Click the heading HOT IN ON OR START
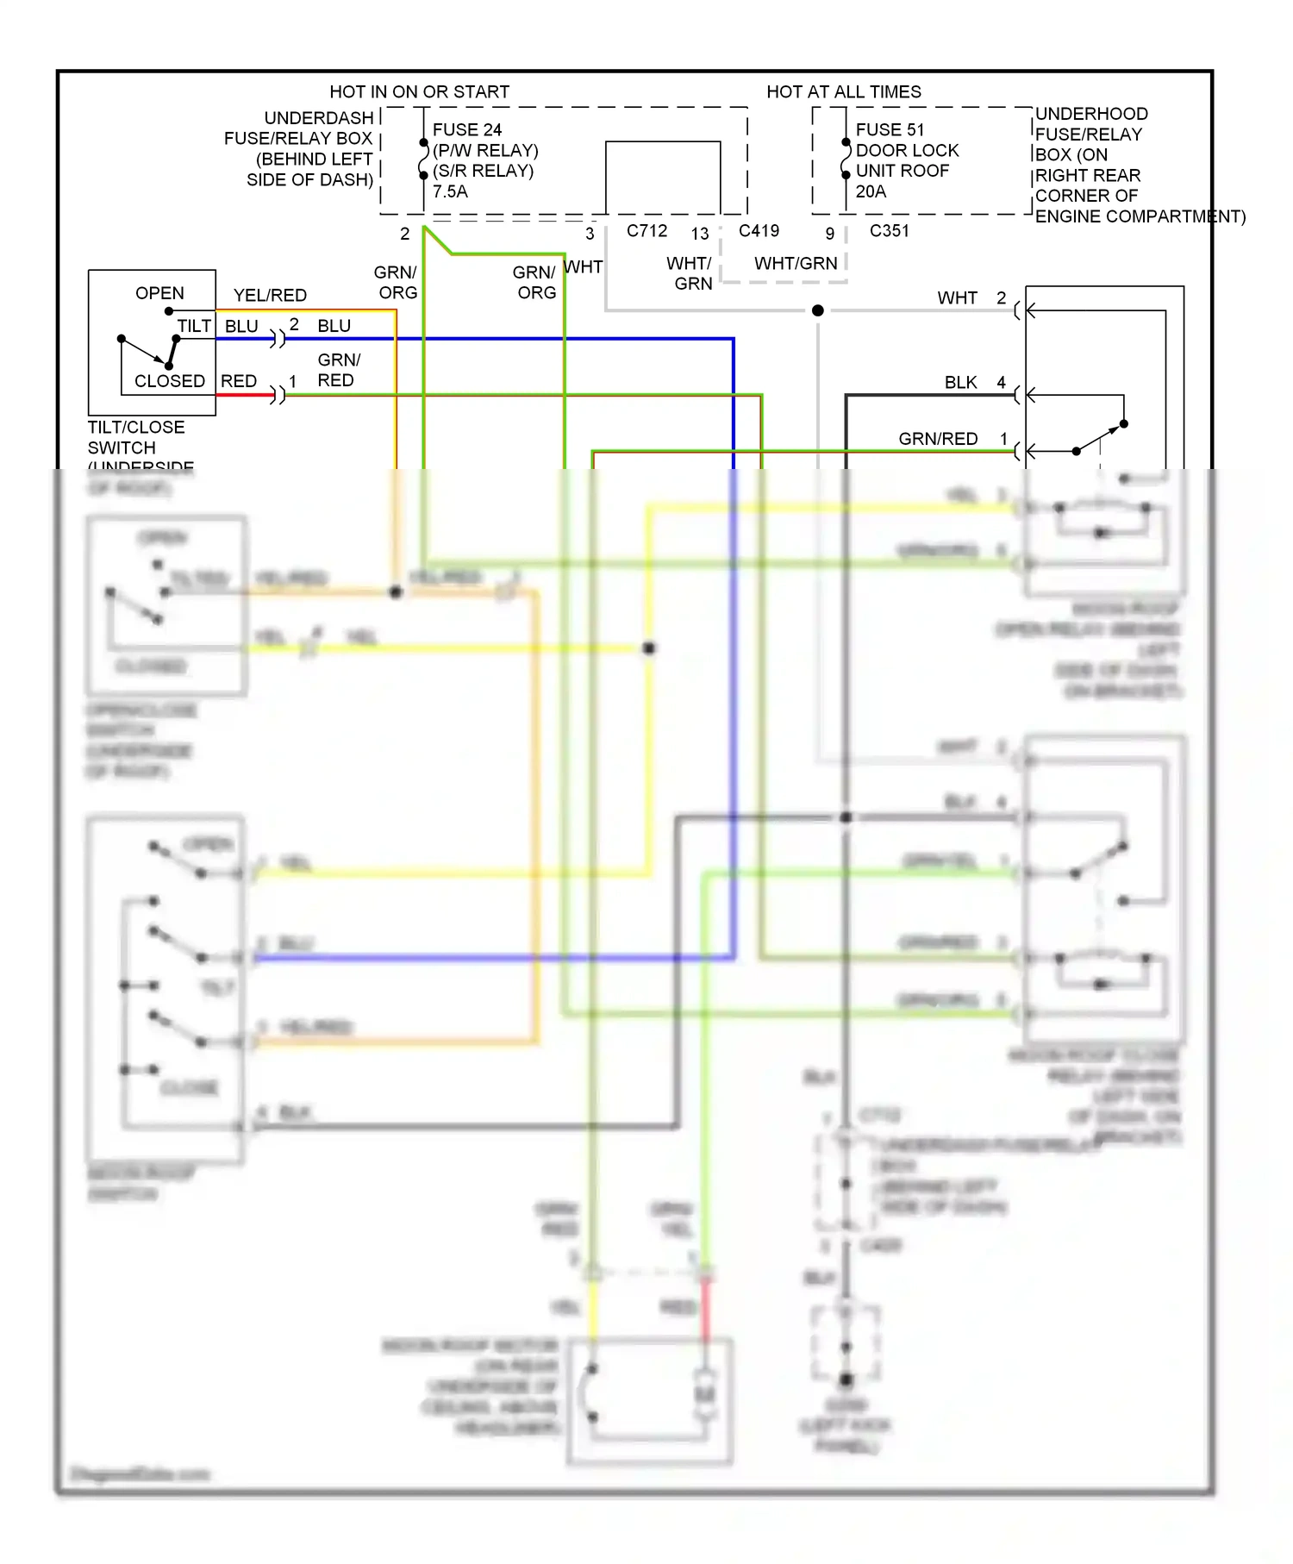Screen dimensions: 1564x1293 (x=419, y=92)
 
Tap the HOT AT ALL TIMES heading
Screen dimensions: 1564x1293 (x=843, y=92)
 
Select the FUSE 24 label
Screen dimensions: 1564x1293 (x=466, y=130)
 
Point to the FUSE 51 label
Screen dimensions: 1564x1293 (x=890, y=130)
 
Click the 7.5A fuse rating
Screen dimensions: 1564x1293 (x=450, y=192)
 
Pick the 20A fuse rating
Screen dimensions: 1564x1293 (x=871, y=192)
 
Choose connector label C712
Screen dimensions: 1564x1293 (x=646, y=231)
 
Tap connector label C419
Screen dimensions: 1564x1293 (x=759, y=231)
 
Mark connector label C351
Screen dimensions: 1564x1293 (x=889, y=231)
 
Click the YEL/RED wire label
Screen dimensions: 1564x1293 (x=270, y=296)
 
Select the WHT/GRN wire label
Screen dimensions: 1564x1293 (x=796, y=264)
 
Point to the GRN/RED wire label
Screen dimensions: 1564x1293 (x=938, y=439)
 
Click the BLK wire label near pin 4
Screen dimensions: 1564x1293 (x=960, y=383)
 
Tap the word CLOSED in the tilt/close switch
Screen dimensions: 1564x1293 (x=170, y=381)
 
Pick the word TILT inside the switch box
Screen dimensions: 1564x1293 (x=194, y=326)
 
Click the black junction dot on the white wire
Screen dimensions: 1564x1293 (x=817, y=310)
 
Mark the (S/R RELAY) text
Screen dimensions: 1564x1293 (x=483, y=172)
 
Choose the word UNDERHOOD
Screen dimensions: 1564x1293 (x=1091, y=114)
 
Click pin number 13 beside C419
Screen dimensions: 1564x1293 (x=700, y=234)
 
